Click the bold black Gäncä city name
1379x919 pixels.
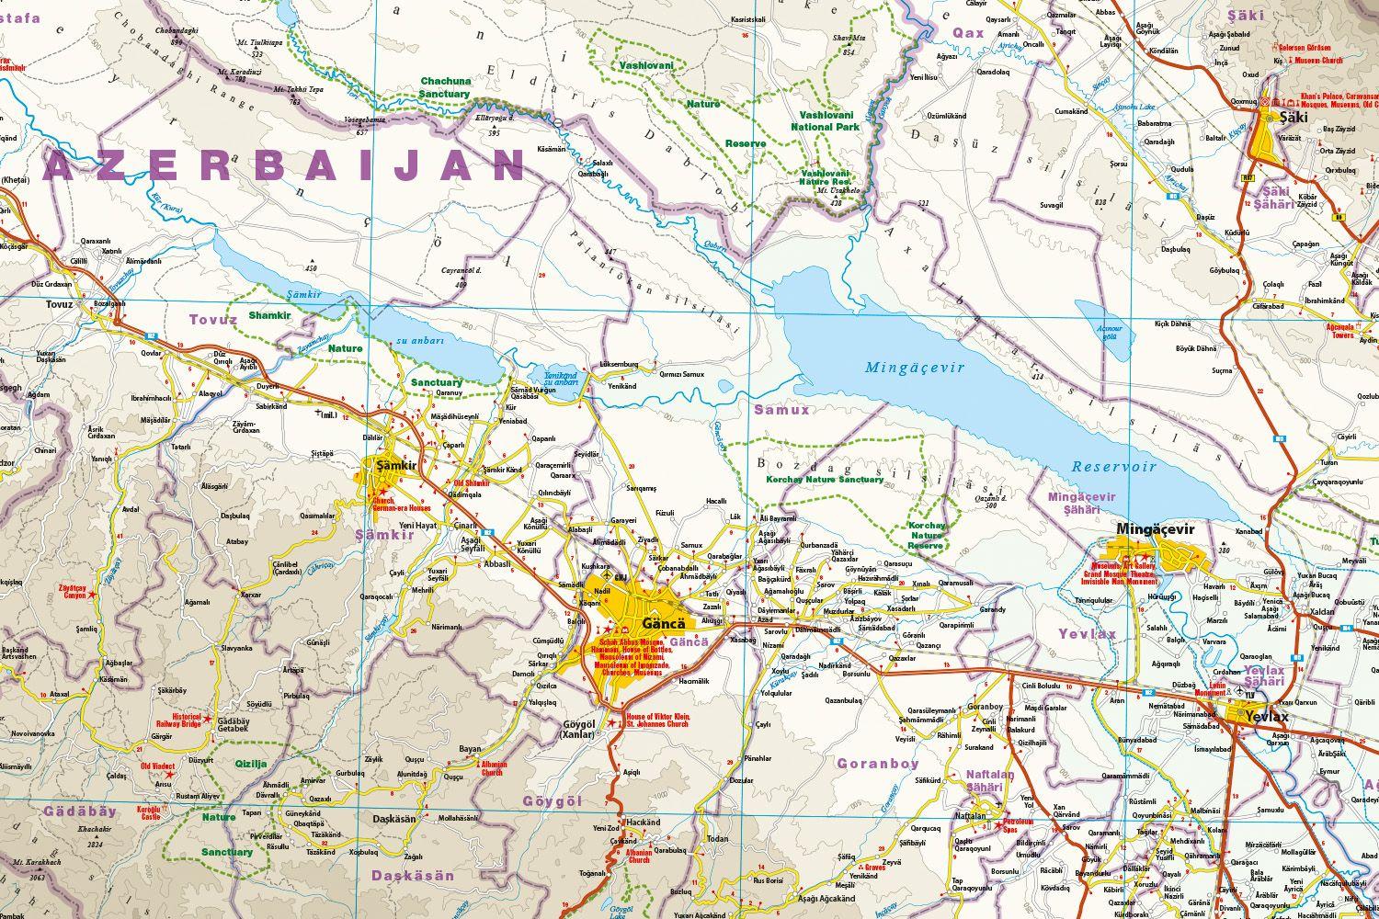660,620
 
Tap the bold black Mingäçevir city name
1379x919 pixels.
1154,530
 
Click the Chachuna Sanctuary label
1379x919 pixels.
445,87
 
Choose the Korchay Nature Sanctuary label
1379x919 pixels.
824,480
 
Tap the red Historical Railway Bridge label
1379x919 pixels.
178,721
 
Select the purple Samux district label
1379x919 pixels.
781,410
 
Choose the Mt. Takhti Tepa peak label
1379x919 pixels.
299,90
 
